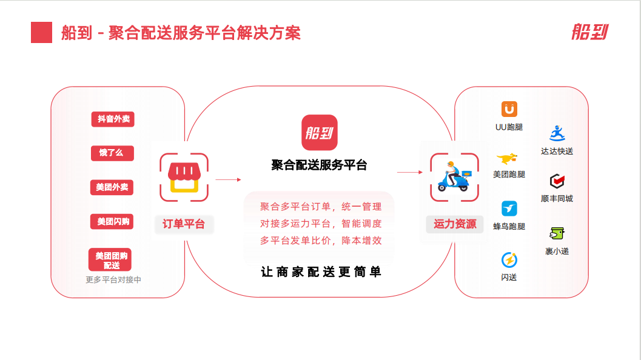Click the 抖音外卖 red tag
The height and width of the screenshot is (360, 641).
tap(113, 119)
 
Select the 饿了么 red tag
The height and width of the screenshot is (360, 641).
tap(112, 153)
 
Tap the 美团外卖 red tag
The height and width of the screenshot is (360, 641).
tap(112, 187)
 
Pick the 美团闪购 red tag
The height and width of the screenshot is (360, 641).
tap(113, 221)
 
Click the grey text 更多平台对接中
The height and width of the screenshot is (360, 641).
tap(113, 280)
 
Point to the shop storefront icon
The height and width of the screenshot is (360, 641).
tap(184, 177)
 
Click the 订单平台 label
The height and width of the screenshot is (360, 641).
tap(184, 224)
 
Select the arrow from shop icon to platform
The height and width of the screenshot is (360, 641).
tap(228, 179)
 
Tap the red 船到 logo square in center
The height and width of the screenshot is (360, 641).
tap(320, 132)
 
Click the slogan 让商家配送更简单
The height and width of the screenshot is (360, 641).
tap(321, 272)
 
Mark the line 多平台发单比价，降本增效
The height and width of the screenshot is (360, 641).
tap(321, 240)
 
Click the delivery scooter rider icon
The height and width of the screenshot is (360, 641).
tap(454, 177)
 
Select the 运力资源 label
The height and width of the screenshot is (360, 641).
tap(454, 224)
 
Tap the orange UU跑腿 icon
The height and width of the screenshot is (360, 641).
tap(509, 109)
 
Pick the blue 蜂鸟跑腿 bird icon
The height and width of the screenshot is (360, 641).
tap(509, 208)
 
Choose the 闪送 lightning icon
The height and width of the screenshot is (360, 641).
tap(509, 260)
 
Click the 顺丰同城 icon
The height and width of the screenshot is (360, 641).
tap(557, 181)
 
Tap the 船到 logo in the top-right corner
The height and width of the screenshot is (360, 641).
tap(589, 32)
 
